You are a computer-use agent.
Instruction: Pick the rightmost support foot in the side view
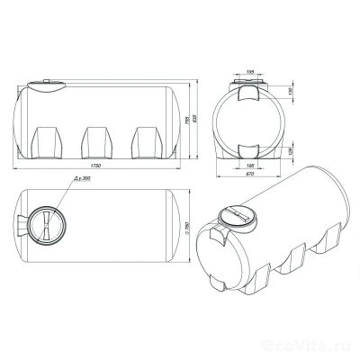[x=145, y=141]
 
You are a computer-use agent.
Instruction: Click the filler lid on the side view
[x=46, y=85]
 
